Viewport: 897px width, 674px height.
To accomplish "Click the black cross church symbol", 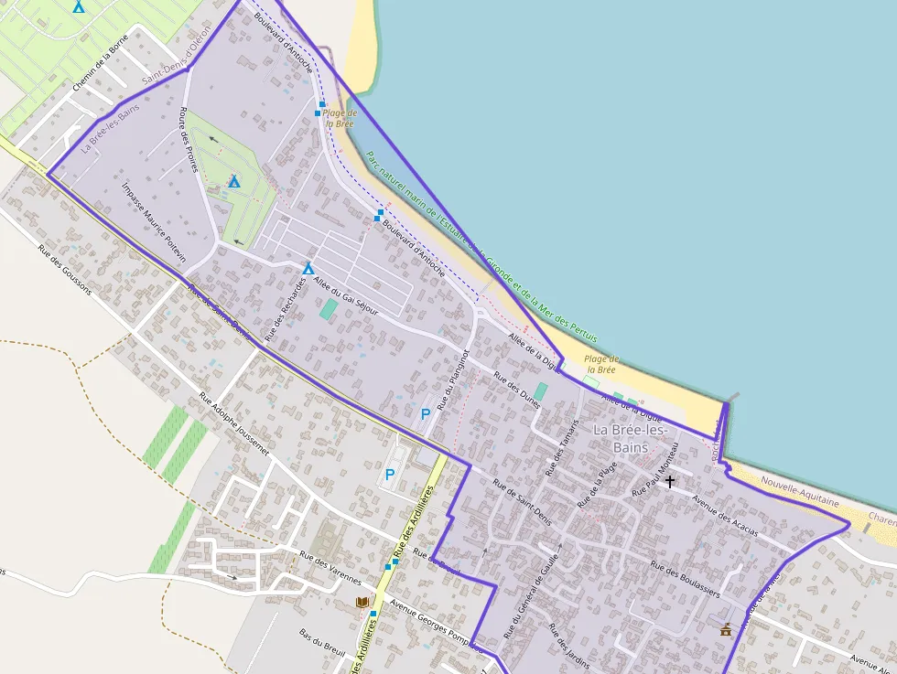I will click(x=670, y=480).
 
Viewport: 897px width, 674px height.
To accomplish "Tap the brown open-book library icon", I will click(x=362, y=602).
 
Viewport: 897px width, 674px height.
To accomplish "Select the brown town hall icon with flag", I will click(x=726, y=629).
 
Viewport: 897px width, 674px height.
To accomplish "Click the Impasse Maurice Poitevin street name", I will click(x=154, y=221).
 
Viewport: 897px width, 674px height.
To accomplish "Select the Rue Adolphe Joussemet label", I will click(x=234, y=424).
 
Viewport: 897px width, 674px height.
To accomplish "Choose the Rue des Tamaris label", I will click(x=562, y=447).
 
